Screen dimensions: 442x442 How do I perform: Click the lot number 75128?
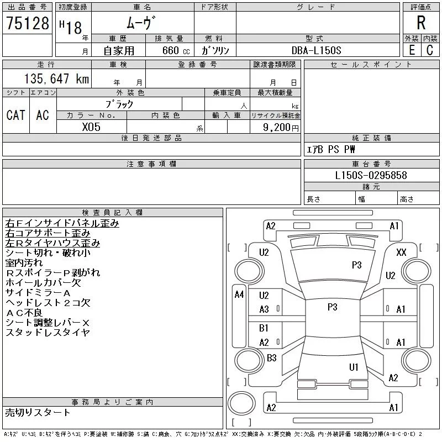coord(27,23)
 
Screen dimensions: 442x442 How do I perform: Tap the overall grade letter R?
coord(421,23)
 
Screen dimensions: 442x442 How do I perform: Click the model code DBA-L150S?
coord(317,50)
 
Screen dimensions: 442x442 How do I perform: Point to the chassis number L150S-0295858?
coord(371,175)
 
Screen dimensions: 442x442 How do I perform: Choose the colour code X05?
coord(91,127)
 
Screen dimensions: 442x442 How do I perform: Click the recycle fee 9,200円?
coord(282,127)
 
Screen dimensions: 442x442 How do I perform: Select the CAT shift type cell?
coord(15,115)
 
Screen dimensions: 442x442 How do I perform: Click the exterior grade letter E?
coord(412,50)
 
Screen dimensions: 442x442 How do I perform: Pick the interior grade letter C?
coord(430,50)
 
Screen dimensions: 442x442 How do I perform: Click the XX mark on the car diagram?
coord(402,252)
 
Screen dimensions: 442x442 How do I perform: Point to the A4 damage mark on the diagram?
coord(239,294)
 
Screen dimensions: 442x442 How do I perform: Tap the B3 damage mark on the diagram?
coord(271,358)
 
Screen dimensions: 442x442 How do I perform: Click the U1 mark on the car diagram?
coord(354,367)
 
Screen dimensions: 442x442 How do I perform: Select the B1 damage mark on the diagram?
coord(264,328)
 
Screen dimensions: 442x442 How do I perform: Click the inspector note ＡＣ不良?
coord(27,313)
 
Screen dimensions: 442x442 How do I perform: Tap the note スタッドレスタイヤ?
coord(48,333)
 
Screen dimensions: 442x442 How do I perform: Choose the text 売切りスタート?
coord(38,412)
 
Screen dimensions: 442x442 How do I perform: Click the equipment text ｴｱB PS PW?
coord(331,149)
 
